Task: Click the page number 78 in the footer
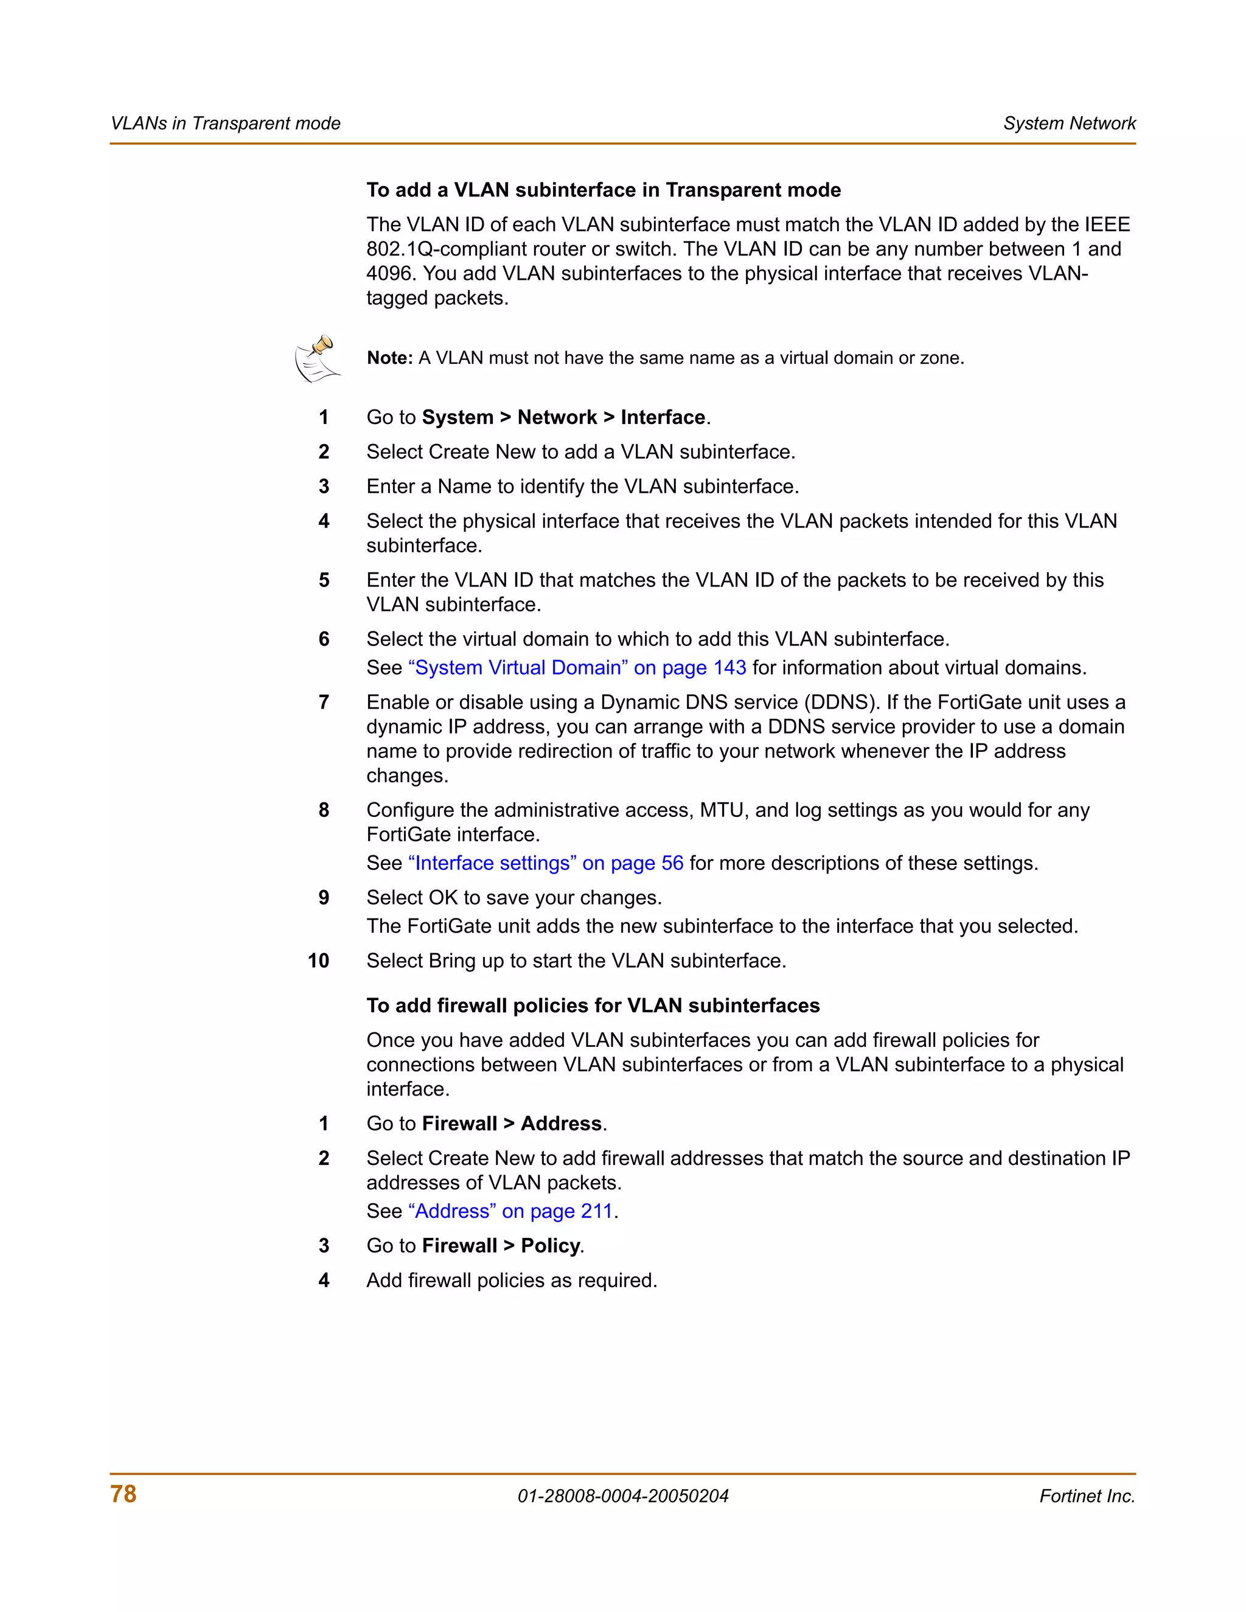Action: point(124,1494)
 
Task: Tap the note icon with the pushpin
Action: point(318,359)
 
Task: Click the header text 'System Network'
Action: point(1069,123)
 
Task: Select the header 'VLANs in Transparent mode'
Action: point(225,123)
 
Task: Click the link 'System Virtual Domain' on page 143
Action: point(577,667)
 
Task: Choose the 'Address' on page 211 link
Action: point(510,1211)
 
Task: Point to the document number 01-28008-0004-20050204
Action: point(623,1496)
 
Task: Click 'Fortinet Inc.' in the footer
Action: point(1087,1496)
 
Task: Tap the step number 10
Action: point(318,961)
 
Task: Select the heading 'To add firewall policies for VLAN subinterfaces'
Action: point(593,1006)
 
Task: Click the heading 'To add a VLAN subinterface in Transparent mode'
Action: point(603,190)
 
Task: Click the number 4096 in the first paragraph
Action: point(391,273)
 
